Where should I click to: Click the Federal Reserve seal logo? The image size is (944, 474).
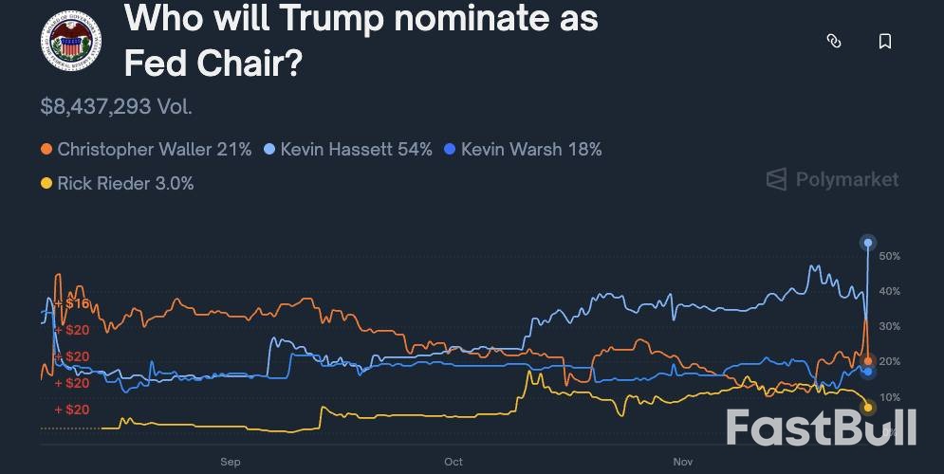pos(71,41)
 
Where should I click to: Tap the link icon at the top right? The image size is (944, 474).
pos(834,41)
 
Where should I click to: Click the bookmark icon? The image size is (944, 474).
pos(884,41)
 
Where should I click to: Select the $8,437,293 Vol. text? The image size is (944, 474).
pos(116,106)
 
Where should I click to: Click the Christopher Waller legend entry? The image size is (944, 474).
pos(145,150)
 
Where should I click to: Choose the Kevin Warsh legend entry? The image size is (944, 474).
pos(523,150)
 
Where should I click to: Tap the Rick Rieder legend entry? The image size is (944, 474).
pos(117,183)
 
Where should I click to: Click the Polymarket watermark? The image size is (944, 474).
pos(832,179)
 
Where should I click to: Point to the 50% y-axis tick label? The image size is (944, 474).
pos(889,257)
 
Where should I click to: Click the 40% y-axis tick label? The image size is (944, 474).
pos(889,291)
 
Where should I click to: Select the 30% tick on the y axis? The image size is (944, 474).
pos(889,326)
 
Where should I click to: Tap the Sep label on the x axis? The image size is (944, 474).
pos(231,462)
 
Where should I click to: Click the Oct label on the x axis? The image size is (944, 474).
pos(453,462)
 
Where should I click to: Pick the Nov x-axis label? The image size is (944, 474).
pos(683,462)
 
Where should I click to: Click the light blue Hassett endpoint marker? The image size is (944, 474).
pos(867,244)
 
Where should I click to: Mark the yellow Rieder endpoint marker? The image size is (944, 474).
pos(867,408)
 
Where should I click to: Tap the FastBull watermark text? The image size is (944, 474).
pos(822,428)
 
